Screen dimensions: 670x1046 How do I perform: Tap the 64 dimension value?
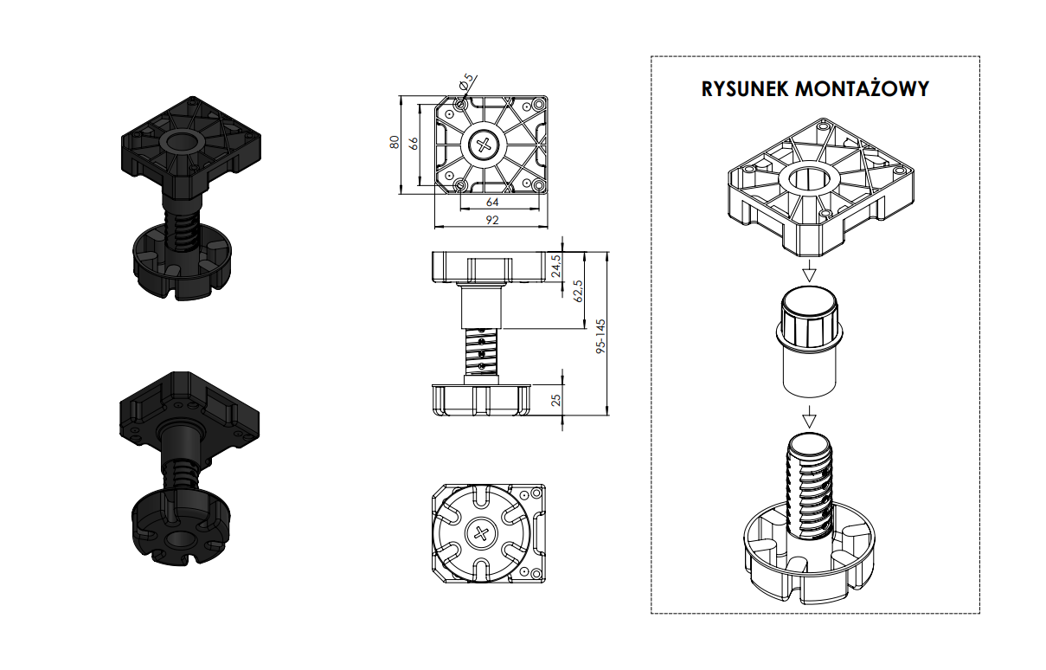(x=492, y=202)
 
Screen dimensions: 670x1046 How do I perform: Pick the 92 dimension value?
(x=491, y=221)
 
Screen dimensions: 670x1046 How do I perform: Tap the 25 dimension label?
(x=556, y=401)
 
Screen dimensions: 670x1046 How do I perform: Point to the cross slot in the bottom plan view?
(x=481, y=534)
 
